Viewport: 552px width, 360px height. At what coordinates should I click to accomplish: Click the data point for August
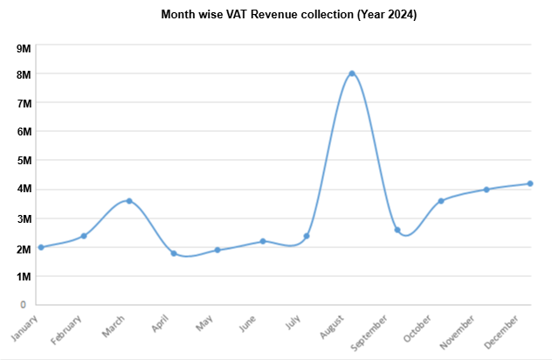(x=352, y=73)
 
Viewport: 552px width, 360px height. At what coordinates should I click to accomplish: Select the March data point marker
(x=129, y=201)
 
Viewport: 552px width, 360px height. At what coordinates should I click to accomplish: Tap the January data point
(x=40, y=247)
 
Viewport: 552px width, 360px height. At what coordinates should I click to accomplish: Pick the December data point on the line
(x=530, y=183)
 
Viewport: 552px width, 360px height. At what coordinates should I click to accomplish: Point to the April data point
(x=174, y=253)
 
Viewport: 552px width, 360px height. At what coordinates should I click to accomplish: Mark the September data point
(x=397, y=230)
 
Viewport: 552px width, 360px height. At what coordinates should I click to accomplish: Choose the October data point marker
(x=441, y=201)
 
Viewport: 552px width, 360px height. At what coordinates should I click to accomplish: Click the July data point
(x=307, y=236)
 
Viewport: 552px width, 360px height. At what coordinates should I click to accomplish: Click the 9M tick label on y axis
(x=24, y=46)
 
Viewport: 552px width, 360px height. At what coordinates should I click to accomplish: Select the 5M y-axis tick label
(x=24, y=161)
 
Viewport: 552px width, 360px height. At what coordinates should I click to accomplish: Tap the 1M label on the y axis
(x=24, y=276)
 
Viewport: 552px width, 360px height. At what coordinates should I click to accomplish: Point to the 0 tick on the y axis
(x=28, y=305)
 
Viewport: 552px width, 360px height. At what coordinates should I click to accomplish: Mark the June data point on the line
(x=263, y=241)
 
